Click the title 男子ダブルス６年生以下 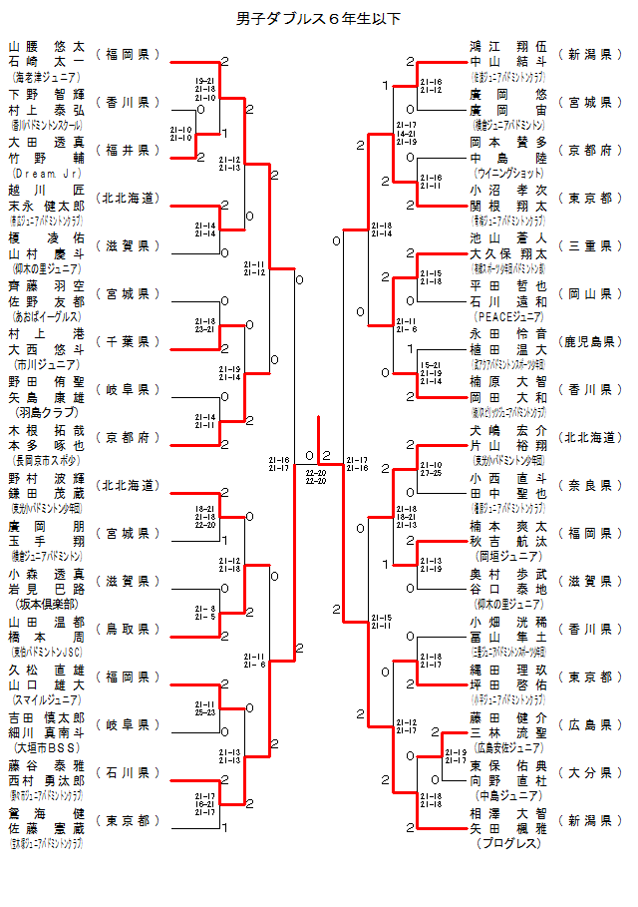coord(319,18)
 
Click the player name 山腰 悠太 coord(47,46)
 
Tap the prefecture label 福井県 coord(128,150)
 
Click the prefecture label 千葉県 coord(128,341)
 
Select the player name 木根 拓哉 coord(47,429)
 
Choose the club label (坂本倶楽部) coord(45,603)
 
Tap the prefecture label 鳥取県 coord(128,629)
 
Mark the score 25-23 coord(205,712)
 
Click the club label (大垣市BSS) coord(45,746)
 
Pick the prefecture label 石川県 coord(128,772)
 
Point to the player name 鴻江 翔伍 coord(508,46)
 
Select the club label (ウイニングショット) coord(507,172)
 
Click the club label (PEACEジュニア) coord(507,315)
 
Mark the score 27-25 coord(431,473)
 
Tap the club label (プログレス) coord(507,843)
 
